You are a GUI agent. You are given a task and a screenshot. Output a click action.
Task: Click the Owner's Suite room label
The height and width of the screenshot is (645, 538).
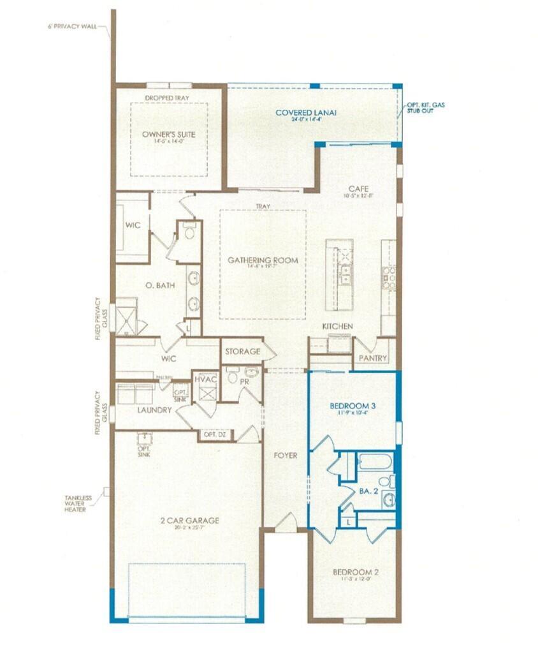click(169, 134)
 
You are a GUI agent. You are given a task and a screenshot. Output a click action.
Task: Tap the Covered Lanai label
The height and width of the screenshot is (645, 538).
click(305, 113)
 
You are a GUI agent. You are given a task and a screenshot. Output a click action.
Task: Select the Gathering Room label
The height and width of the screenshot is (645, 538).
click(263, 260)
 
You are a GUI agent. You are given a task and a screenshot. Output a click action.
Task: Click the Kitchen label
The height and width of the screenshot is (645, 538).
click(337, 327)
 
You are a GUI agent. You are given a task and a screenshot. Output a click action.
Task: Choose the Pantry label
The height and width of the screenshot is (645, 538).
click(372, 358)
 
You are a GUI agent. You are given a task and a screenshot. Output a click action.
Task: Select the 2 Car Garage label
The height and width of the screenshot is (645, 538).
click(189, 521)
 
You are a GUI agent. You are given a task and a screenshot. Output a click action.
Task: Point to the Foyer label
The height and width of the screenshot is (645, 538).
click(286, 456)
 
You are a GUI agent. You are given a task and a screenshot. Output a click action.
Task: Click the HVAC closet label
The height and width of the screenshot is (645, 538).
click(206, 378)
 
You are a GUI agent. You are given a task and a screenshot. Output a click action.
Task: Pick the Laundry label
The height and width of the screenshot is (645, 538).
click(154, 410)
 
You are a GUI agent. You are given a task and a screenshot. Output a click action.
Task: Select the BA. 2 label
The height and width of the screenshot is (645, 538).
click(364, 491)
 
